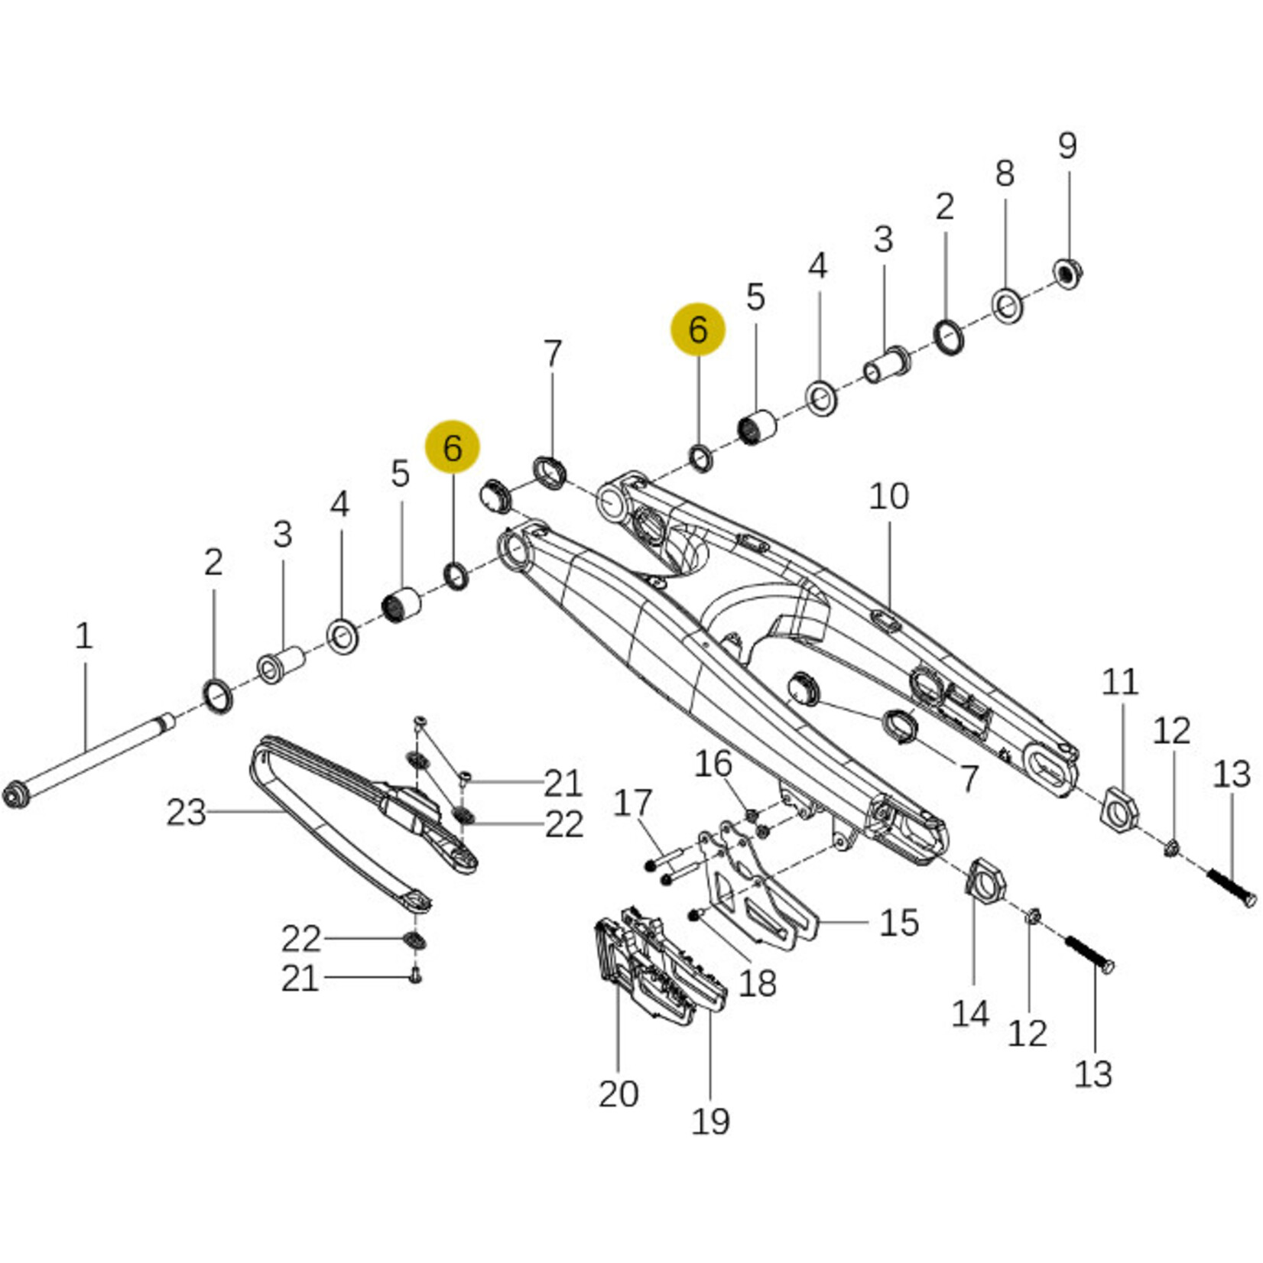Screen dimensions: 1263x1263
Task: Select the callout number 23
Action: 187,812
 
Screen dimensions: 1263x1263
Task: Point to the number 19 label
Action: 710,1122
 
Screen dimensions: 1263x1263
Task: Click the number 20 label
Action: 619,1094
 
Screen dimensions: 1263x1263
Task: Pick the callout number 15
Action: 898,923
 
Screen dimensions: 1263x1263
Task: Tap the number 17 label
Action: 633,804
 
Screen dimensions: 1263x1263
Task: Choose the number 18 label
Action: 757,984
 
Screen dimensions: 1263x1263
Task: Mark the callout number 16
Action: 713,764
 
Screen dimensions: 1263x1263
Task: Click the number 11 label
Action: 1120,682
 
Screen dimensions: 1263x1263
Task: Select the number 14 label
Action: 970,1015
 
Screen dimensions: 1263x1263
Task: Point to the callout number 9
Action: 1067,145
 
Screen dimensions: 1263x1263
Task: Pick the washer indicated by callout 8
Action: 1008,305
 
